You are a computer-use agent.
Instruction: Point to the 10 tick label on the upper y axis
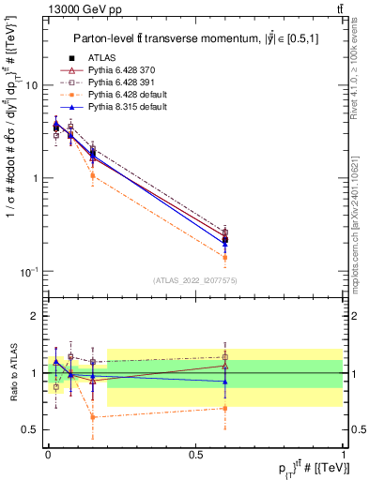(30, 85)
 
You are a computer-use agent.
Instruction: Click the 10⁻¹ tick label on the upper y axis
(28, 271)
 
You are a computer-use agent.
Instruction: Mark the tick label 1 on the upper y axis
(34, 178)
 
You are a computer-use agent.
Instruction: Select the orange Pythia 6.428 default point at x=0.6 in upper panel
(224, 257)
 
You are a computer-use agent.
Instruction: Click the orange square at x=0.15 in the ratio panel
(92, 416)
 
